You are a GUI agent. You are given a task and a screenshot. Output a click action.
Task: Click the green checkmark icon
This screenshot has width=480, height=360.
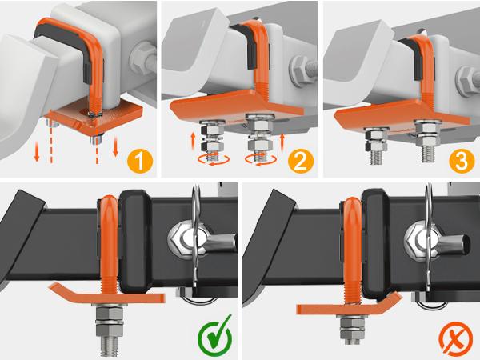click(x=214, y=337)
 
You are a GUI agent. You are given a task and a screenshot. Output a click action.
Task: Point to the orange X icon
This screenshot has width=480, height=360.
click(x=456, y=337)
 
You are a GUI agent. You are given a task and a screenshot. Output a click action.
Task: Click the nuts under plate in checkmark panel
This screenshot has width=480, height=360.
click(x=110, y=324)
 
